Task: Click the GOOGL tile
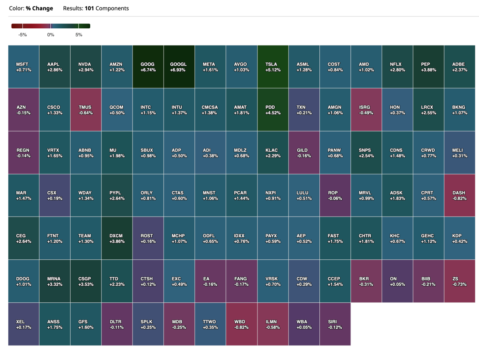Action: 178,67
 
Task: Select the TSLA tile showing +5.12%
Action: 273,67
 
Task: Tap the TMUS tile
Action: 85,109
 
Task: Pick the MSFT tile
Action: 24,67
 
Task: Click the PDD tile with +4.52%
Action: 273,109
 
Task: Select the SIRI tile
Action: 335,324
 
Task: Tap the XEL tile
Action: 24,324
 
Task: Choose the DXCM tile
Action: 117,239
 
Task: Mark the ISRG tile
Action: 366,109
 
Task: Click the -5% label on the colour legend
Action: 23,35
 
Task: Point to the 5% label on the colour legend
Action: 79,35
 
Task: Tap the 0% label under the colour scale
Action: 51,35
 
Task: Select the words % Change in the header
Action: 40,8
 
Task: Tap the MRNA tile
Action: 55,281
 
